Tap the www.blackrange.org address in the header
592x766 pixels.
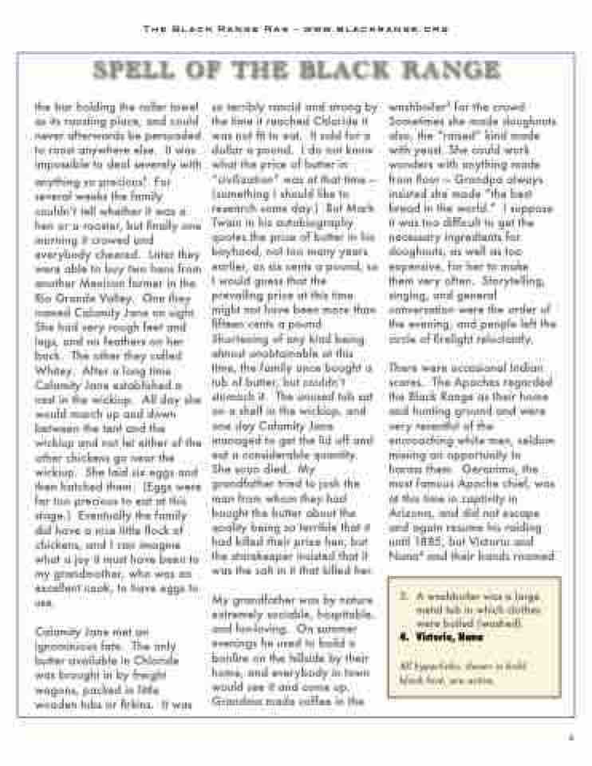point(382,30)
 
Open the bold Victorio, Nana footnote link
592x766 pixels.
point(439,638)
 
